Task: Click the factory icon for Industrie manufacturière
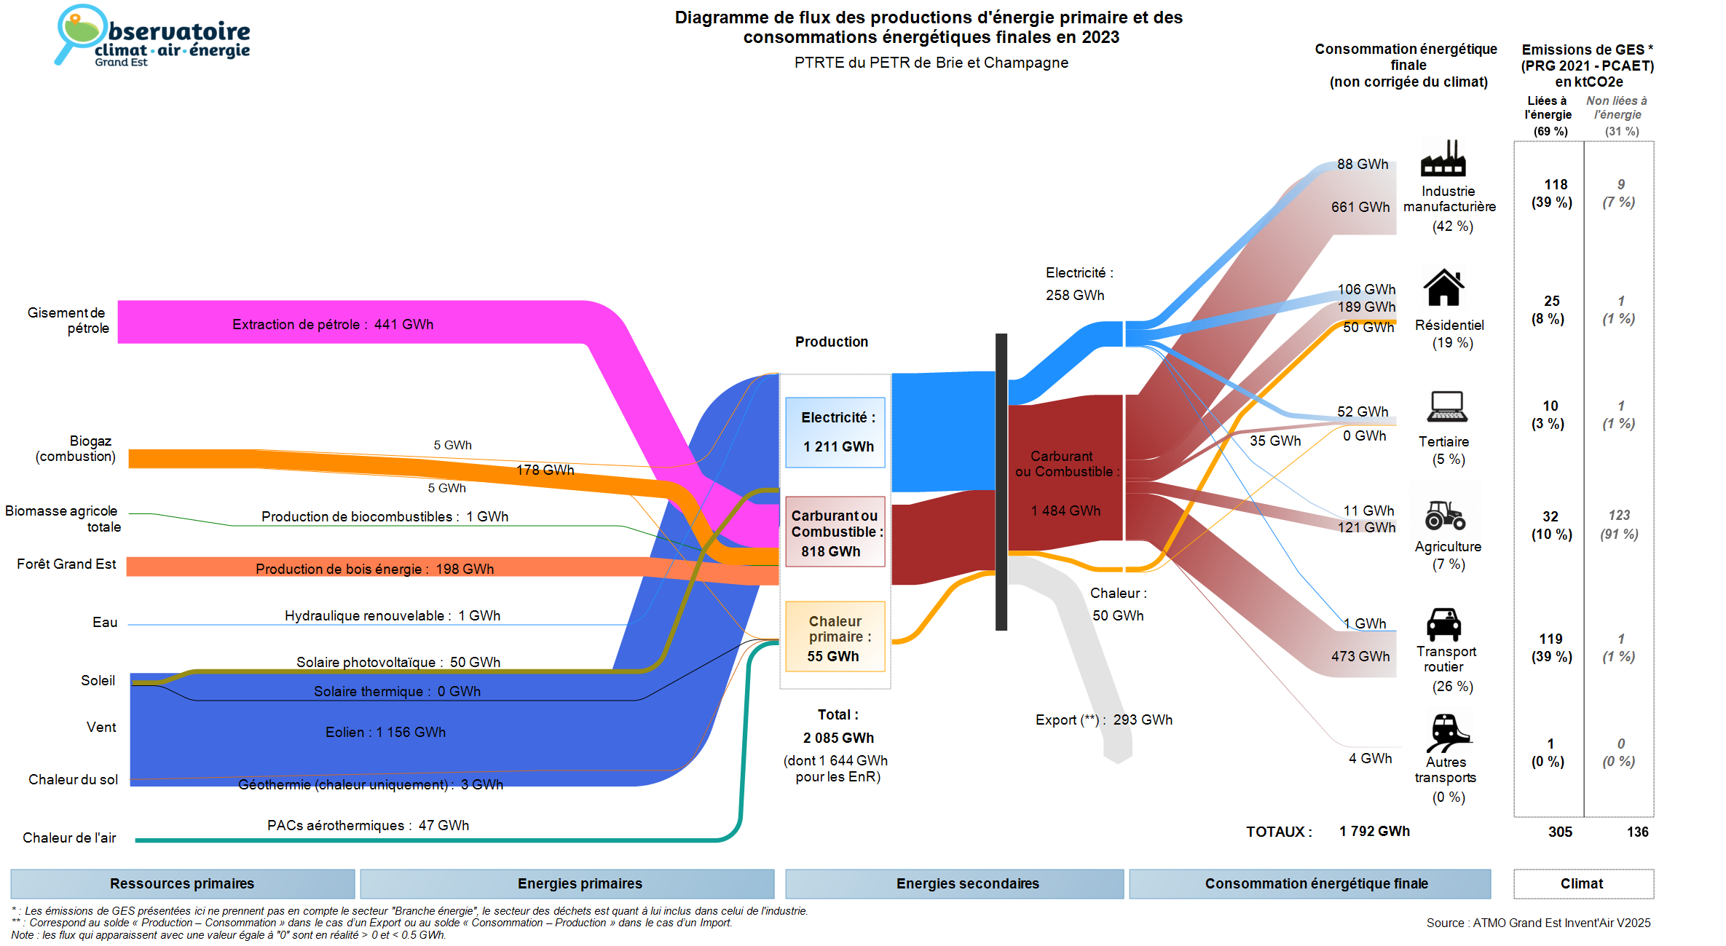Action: point(1443,158)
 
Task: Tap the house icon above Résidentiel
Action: point(1443,288)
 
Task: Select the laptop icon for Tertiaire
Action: point(1447,406)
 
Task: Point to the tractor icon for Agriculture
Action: point(1445,515)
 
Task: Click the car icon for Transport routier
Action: point(1443,624)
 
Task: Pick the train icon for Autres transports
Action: point(1447,732)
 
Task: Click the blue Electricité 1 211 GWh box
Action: point(835,432)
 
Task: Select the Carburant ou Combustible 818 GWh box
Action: point(835,532)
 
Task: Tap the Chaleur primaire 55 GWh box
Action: point(835,637)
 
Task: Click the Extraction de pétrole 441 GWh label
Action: point(333,324)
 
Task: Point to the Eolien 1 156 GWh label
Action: point(385,732)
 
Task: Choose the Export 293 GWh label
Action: point(1103,720)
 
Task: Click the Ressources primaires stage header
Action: point(182,883)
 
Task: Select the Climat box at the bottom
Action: point(1583,883)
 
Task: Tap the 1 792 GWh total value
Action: point(1374,831)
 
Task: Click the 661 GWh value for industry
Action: point(1360,207)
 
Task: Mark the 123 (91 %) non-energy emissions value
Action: point(1619,524)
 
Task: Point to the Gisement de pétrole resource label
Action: point(68,320)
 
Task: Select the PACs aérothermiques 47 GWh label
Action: point(368,825)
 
